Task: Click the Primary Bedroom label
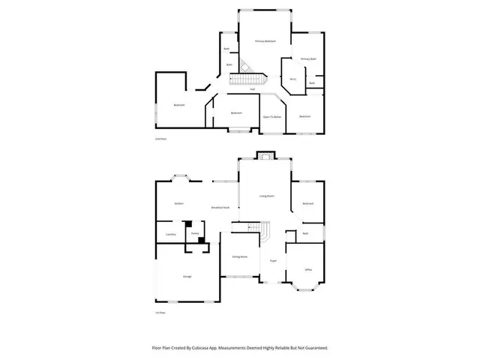click(x=265, y=40)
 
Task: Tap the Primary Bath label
click(x=308, y=58)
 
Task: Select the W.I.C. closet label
click(x=294, y=79)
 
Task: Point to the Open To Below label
click(x=271, y=117)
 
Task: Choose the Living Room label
click(x=265, y=196)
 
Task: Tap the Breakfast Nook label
click(x=220, y=207)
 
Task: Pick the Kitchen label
click(x=179, y=203)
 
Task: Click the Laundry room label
click(x=170, y=235)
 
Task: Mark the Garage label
click(x=187, y=276)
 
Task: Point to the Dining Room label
click(x=239, y=256)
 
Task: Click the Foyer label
click(x=274, y=260)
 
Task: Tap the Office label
click(x=308, y=268)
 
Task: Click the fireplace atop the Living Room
click(x=265, y=157)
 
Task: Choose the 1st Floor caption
click(x=158, y=311)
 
